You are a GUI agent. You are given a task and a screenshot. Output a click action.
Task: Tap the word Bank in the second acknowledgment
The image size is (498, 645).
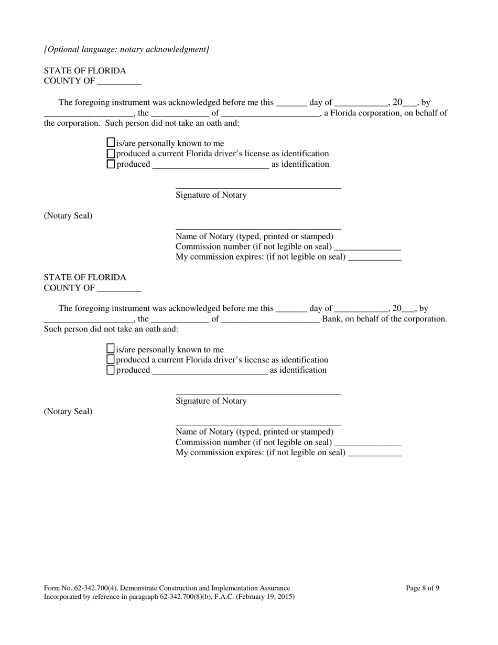332,319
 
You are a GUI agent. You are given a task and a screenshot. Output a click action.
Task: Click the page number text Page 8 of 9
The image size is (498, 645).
423,588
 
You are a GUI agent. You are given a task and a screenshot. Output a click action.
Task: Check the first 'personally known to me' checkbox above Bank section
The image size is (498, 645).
111,143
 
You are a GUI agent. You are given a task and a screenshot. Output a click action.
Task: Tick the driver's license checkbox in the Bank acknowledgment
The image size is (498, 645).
111,360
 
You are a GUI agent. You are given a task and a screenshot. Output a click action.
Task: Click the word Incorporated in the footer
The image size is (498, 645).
63,596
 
